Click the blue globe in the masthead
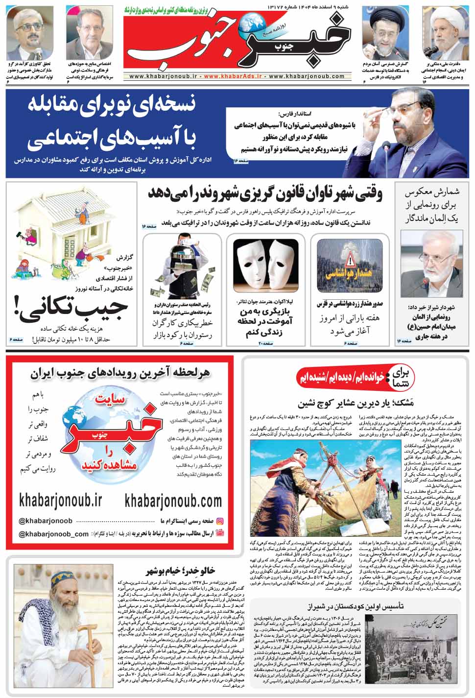click(x=255, y=22)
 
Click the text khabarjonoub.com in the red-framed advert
click(x=173, y=501)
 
